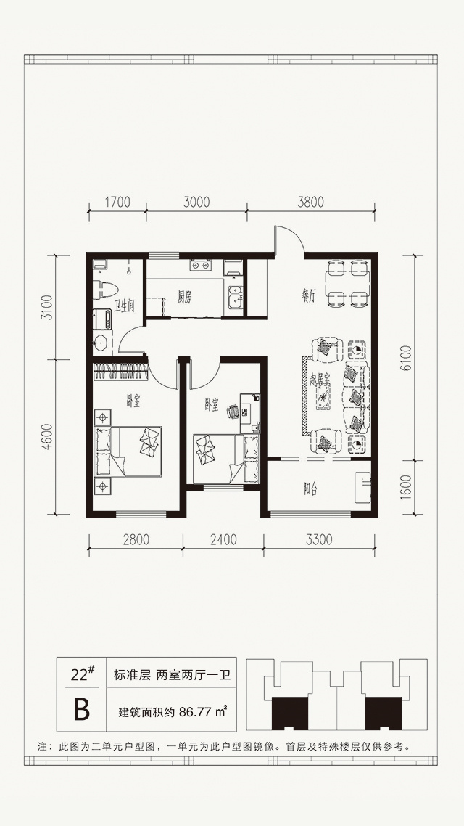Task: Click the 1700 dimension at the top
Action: click(x=117, y=201)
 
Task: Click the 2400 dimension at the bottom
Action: click(x=223, y=539)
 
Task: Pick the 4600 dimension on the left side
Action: click(x=49, y=437)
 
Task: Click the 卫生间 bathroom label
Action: click(x=124, y=305)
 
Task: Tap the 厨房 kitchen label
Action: click(x=184, y=298)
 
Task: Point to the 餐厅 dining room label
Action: click(x=308, y=297)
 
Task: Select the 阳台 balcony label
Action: click(x=310, y=489)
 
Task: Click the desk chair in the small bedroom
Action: click(x=233, y=411)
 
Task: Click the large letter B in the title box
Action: click(x=82, y=711)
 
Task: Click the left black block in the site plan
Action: click(x=289, y=713)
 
